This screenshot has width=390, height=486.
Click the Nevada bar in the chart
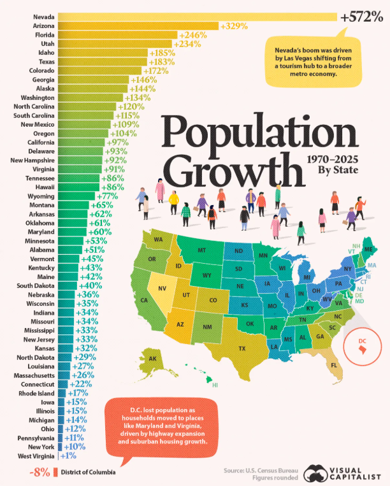198,17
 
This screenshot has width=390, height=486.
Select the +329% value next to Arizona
234,26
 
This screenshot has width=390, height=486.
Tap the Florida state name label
45,34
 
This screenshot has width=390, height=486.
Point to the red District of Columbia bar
55,472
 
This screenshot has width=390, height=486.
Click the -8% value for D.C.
40,473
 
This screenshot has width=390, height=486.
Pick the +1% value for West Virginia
68,456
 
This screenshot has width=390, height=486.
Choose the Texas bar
103,62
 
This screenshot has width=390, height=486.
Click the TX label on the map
242,348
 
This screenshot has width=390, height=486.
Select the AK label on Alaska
152,359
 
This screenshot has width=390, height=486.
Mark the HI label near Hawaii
215,385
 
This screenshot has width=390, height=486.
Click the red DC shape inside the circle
363,350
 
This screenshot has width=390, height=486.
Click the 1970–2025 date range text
333,160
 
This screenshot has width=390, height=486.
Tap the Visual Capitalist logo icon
315,473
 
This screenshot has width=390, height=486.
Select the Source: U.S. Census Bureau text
261,470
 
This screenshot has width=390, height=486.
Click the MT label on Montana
202,250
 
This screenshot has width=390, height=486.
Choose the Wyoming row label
41,196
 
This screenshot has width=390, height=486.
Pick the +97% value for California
117,143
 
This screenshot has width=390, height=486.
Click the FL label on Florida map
334,365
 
